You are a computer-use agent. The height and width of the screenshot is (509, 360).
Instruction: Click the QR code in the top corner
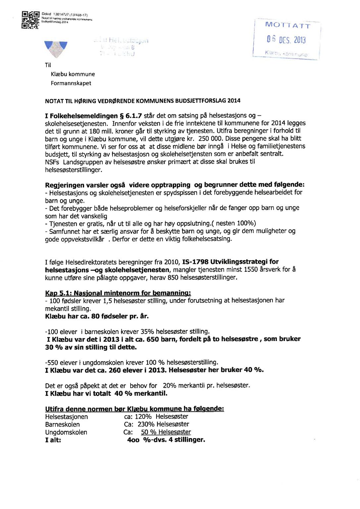tap(30, 20)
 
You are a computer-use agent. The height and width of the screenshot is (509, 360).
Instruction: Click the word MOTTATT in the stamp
tap(287, 25)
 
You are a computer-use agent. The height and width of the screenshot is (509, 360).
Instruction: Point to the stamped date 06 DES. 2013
tap(286, 40)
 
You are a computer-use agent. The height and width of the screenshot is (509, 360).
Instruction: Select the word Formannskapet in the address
tap(71, 83)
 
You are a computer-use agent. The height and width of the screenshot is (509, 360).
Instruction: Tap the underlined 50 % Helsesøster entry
tap(166, 432)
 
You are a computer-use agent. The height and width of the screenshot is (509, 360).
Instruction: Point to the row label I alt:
tap(53, 440)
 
